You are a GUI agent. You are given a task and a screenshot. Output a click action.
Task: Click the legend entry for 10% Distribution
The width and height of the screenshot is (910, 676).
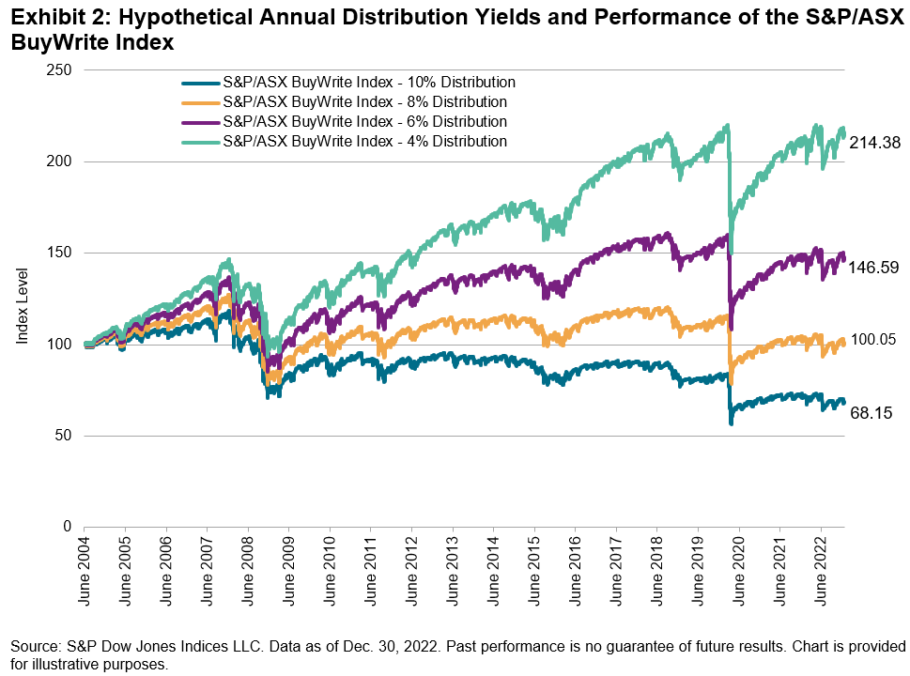click(x=368, y=82)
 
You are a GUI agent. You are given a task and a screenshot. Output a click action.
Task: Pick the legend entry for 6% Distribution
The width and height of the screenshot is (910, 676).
click(x=364, y=122)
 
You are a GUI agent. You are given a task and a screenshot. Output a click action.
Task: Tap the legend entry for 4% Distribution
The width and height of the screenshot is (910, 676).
click(x=364, y=142)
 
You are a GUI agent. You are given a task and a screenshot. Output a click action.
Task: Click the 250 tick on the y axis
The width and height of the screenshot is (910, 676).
click(x=61, y=70)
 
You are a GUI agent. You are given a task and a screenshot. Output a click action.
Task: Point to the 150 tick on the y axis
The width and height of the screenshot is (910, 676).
click(x=61, y=253)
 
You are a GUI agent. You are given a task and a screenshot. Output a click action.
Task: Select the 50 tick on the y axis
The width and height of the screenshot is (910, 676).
click(x=65, y=436)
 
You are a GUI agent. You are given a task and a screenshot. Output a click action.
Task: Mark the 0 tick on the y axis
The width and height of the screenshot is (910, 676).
click(x=69, y=527)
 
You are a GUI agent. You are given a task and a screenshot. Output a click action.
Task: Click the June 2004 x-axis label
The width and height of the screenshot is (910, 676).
click(x=84, y=567)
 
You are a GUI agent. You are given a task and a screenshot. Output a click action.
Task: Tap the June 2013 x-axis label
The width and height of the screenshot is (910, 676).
click(x=453, y=567)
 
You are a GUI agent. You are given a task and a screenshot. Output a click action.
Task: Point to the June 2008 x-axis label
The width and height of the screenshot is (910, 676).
click(x=247, y=567)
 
